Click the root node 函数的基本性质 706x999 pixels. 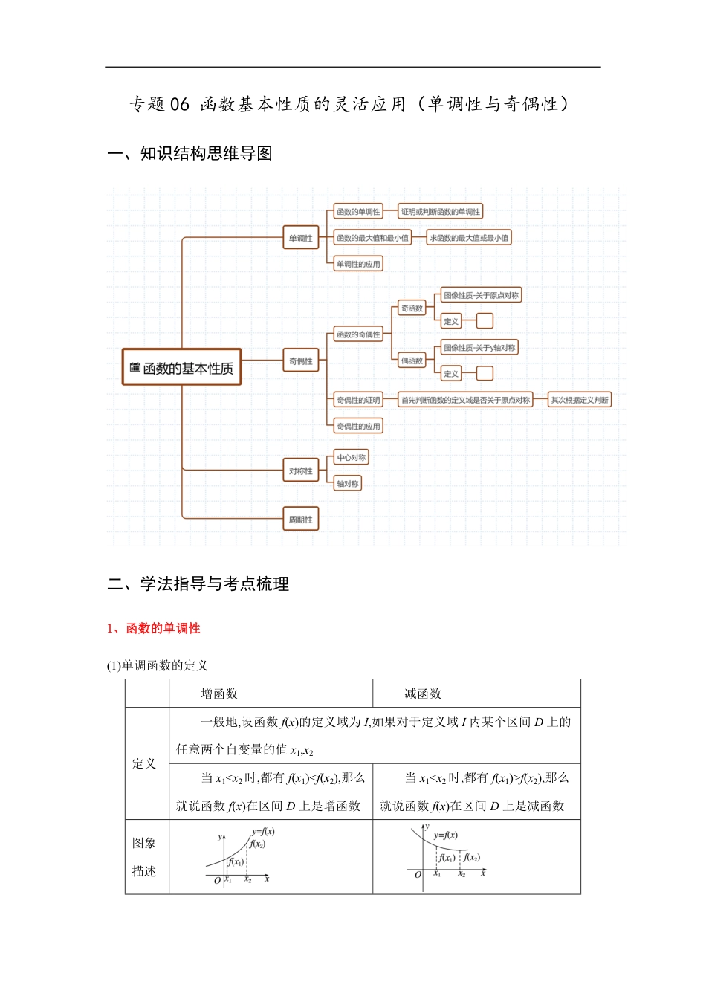182,368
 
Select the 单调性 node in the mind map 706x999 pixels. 300,239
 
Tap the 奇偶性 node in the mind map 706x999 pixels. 300,361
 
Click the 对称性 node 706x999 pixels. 300,471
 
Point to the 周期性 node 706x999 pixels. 300,520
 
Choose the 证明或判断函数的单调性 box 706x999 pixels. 440,212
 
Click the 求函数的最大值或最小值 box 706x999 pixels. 469,238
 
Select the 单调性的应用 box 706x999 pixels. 358,264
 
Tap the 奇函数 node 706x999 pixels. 412,308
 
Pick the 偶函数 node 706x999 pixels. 412,361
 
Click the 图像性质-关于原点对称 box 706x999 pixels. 481,295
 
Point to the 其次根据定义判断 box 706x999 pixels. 580,400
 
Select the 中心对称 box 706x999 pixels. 351,458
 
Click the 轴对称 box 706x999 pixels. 347,484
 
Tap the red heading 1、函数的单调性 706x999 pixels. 154,629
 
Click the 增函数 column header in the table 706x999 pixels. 219,694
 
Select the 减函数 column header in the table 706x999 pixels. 423,694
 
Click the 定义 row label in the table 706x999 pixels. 144,763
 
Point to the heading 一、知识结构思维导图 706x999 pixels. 190,154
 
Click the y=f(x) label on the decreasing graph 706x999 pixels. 446,835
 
